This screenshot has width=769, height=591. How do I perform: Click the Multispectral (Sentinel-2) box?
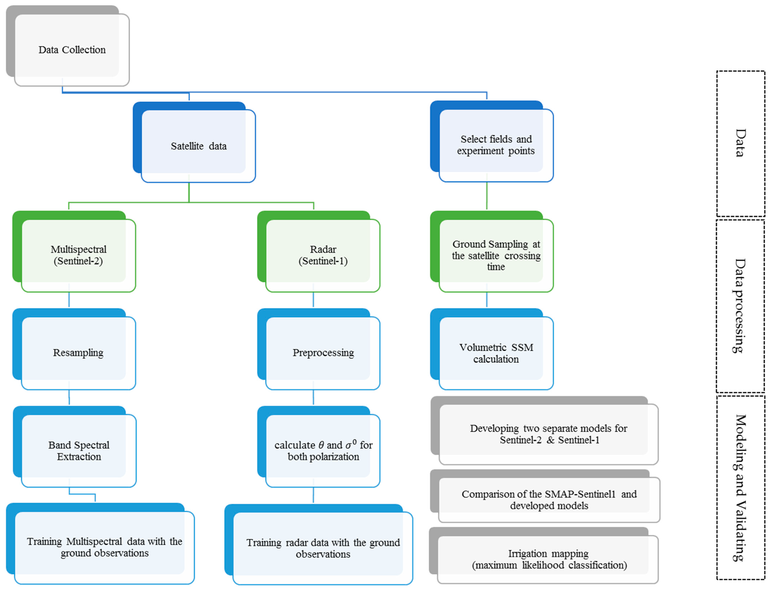pyautogui.click(x=78, y=255)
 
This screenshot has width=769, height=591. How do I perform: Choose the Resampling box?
pyautogui.click(x=78, y=353)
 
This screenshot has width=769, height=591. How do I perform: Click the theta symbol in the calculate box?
pyautogui.click(x=321, y=445)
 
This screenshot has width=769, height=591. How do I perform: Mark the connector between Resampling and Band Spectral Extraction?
pyautogui.click(x=69, y=398)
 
